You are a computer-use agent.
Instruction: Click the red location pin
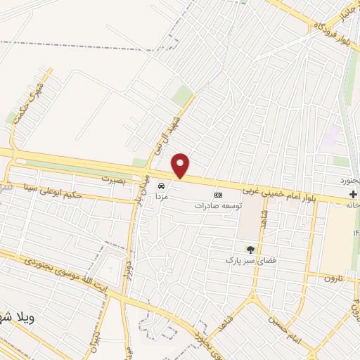[181, 165]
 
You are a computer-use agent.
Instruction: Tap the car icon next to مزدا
[162, 186]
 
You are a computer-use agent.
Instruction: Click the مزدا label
[161, 198]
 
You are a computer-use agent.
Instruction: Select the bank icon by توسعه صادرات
[218, 195]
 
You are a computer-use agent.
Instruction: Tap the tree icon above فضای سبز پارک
[249, 249]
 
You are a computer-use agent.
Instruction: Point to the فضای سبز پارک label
[247, 261]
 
